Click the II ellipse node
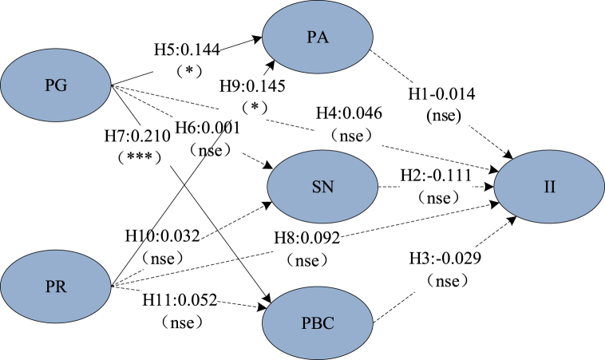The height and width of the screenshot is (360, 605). tap(548, 188)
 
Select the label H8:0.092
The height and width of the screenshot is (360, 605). tap(313, 238)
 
